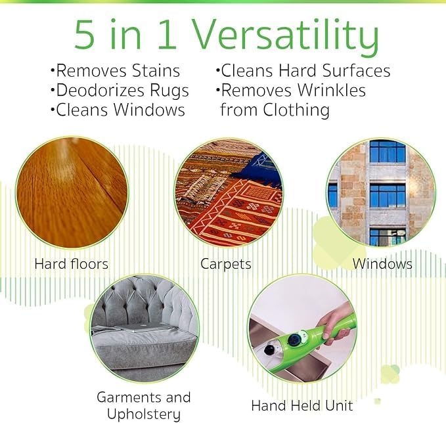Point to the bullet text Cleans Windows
117,110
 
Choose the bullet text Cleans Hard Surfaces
303,71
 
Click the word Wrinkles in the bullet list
330,90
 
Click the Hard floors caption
71,265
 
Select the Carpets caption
225,265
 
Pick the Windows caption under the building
382,264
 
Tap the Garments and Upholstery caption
143,405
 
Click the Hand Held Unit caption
302,405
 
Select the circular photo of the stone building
381,192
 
